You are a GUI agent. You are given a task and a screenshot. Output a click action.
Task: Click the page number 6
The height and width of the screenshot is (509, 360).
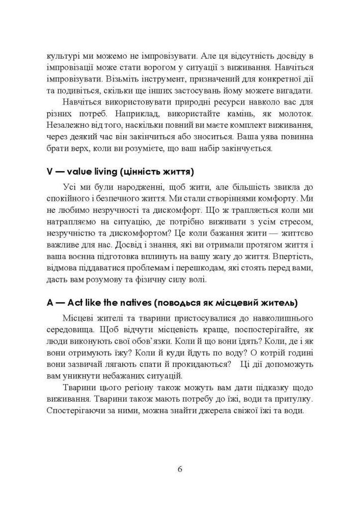point(180,469)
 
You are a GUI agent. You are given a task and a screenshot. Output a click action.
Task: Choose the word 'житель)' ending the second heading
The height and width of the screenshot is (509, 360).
point(278,303)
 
